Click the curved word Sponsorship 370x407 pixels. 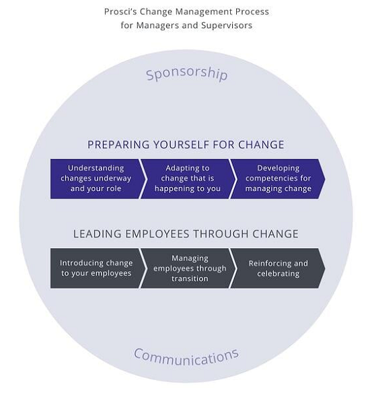tap(187, 74)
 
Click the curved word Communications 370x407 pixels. tap(186, 357)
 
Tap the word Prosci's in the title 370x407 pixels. tap(120, 11)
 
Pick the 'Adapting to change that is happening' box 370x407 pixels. tap(188, 179)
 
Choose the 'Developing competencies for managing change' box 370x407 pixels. tap(278, 179)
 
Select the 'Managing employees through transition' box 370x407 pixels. tap(188, 268)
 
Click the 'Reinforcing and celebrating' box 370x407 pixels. tap(278, 268)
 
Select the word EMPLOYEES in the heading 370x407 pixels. tap(157, 234)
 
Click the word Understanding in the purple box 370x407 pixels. tap(96, 168)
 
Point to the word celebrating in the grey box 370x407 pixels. tap(279, 274)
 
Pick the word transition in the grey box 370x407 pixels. tap(190, 279)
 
